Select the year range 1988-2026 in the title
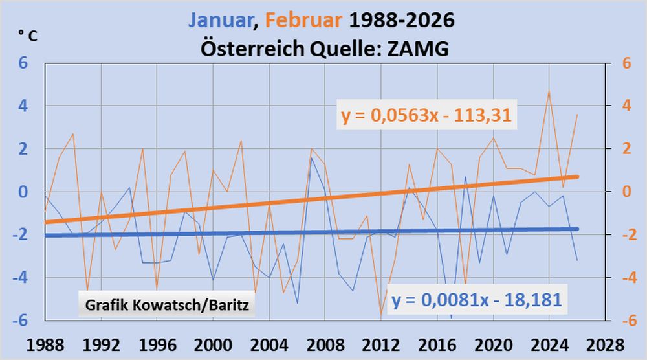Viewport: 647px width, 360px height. (402, 21)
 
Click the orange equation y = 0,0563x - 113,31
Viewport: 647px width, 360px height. (426, 115)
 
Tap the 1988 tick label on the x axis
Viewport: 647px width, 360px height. (45, 343)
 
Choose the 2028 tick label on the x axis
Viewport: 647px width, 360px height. (604, 343)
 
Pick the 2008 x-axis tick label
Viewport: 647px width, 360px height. (325, 343)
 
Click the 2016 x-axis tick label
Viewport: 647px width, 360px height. (437, 343)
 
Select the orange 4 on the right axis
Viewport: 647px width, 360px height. (626, 106)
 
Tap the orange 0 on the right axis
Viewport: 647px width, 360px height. (626, 192)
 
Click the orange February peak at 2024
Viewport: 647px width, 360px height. (549, 91)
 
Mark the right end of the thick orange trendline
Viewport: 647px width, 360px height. (576, 177)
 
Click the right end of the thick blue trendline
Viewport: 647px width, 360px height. (576, 229)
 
